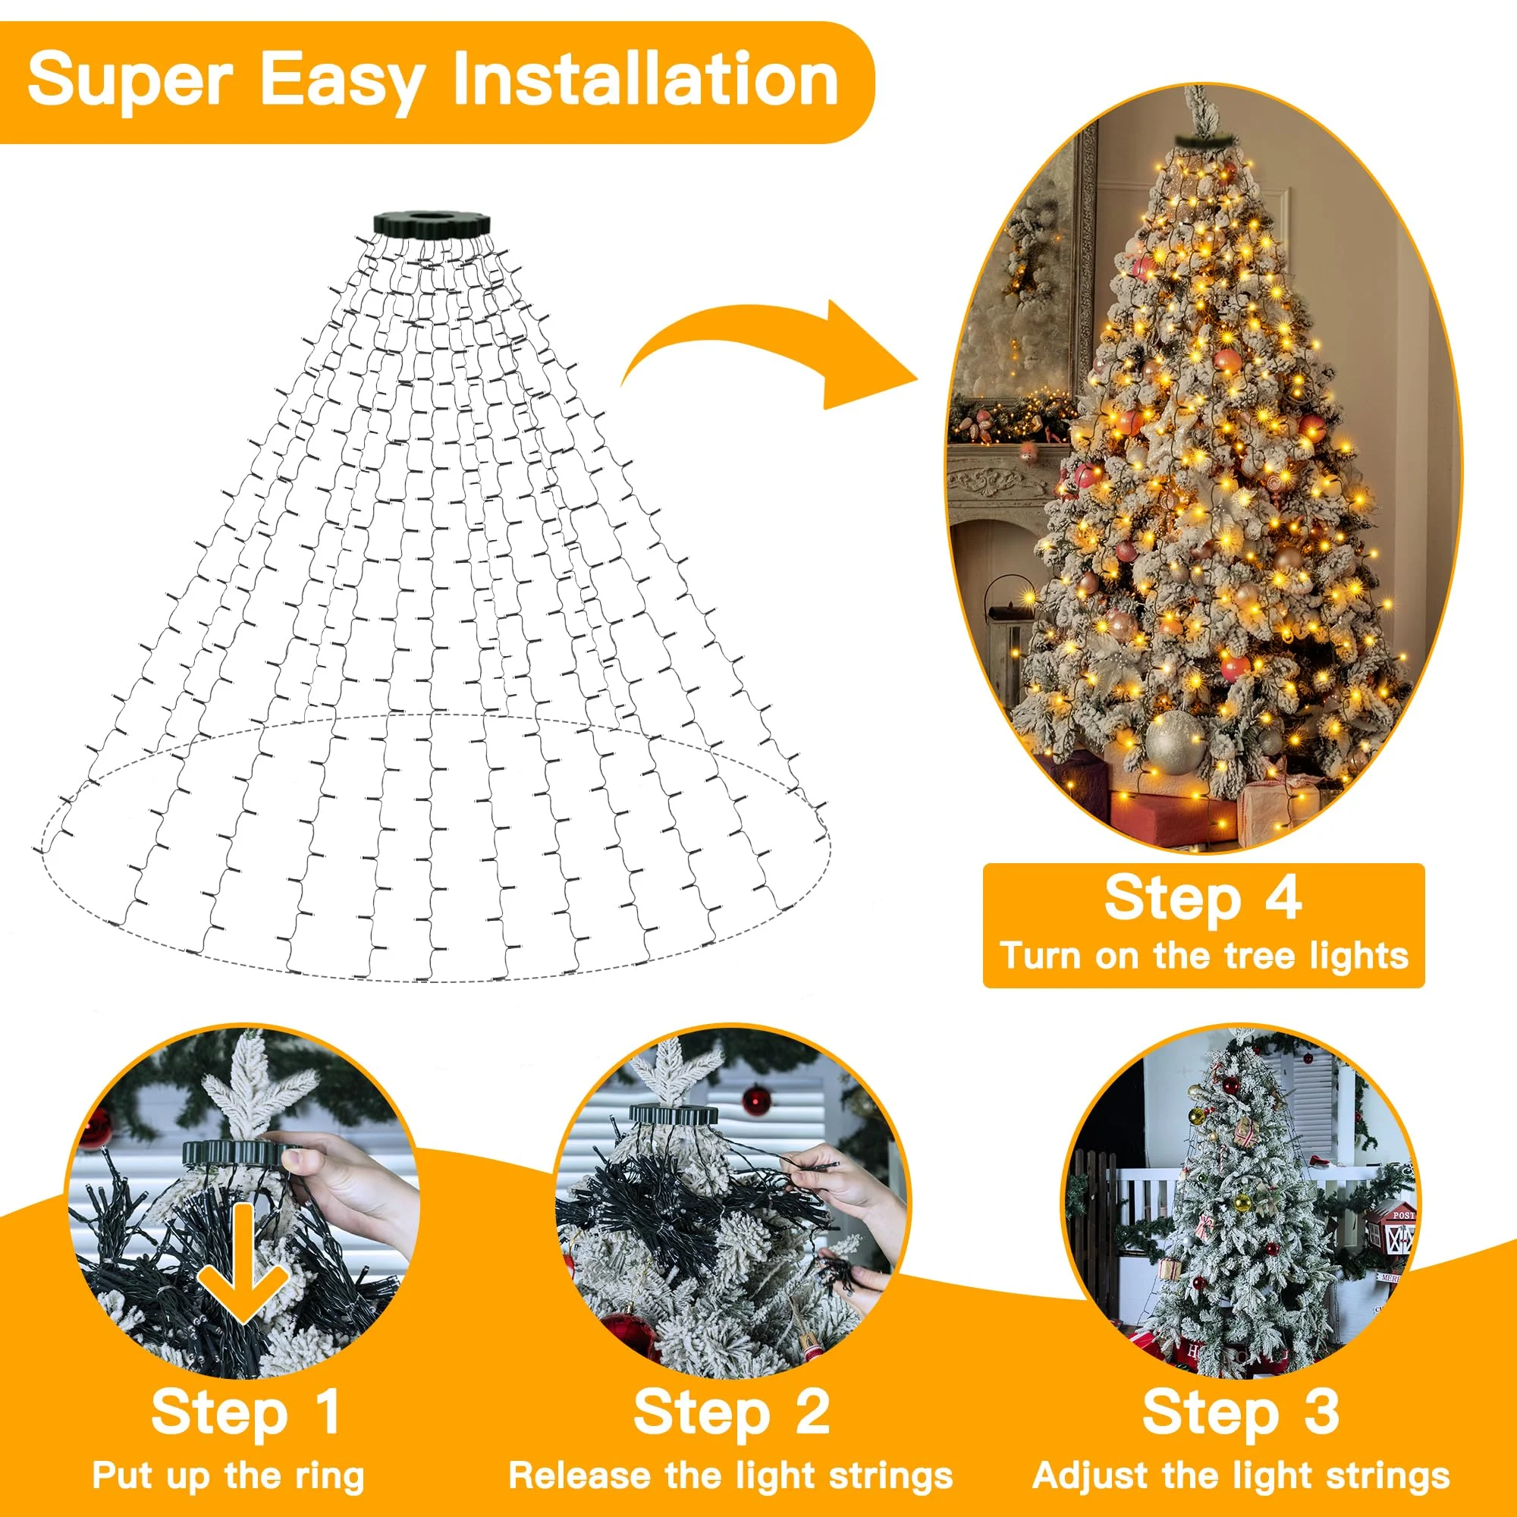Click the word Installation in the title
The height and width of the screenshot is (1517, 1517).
[x=645, y=80]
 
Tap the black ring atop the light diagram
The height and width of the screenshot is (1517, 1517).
[x=431, y=222]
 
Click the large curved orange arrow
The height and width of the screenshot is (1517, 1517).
[x=774, y=353]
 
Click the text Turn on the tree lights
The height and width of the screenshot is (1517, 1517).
[x=1204, y=956]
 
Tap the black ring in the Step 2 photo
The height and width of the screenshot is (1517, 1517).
[x=669, y=1113]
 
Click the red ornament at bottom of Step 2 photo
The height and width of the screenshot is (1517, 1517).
[x=628, y=1335]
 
